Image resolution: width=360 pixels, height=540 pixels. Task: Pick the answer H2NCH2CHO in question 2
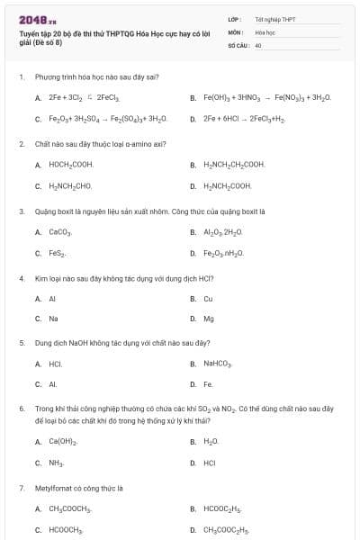tap(70, 186)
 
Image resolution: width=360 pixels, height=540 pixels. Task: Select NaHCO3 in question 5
tap(218, 364)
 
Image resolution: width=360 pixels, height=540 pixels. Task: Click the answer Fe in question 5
tap(208, 384)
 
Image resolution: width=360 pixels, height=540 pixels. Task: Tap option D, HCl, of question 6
tap(209, 463)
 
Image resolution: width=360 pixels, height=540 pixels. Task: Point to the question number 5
tap(21, 343)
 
